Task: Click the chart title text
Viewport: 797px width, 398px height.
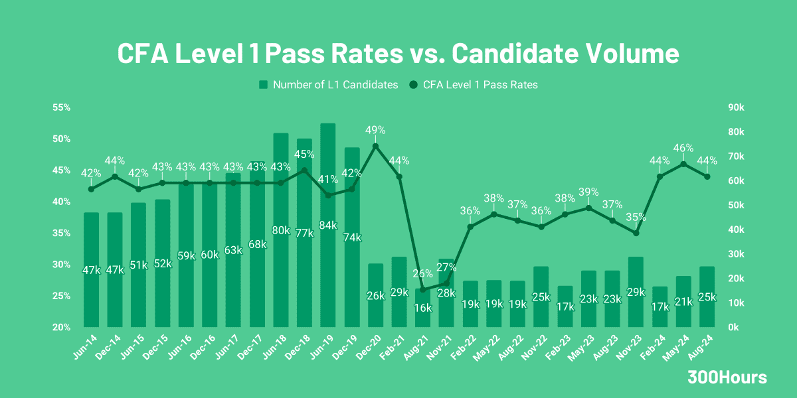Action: [x=398, y=53]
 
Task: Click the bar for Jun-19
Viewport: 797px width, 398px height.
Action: [x=327, y=226]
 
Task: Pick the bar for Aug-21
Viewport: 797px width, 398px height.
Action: [x=423, y=308]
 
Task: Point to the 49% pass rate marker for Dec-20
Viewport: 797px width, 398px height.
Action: [x=375, y=146]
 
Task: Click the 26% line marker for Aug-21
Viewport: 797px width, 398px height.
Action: [x=423, y=289]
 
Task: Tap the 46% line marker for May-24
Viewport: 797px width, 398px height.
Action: [x=683, y=164]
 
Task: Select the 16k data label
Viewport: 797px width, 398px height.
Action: [x=423, y=308]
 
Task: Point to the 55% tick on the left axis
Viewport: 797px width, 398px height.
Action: [x=62, y=107]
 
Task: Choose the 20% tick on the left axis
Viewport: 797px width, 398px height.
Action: [x=62, y=327]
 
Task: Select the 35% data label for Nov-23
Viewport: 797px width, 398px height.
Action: [x=636, y=217]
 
